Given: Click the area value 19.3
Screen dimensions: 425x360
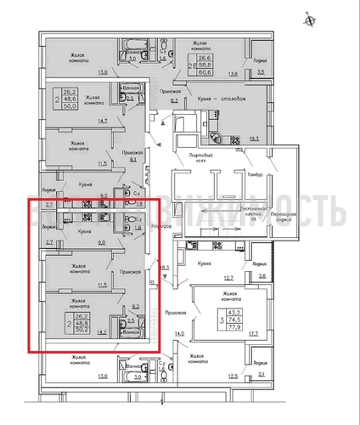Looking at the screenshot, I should click(x=254, y=136).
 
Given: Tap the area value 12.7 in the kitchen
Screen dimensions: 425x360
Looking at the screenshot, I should click(x=228, y=278).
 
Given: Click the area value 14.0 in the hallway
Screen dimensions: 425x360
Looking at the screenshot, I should click(x=179, y=334).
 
